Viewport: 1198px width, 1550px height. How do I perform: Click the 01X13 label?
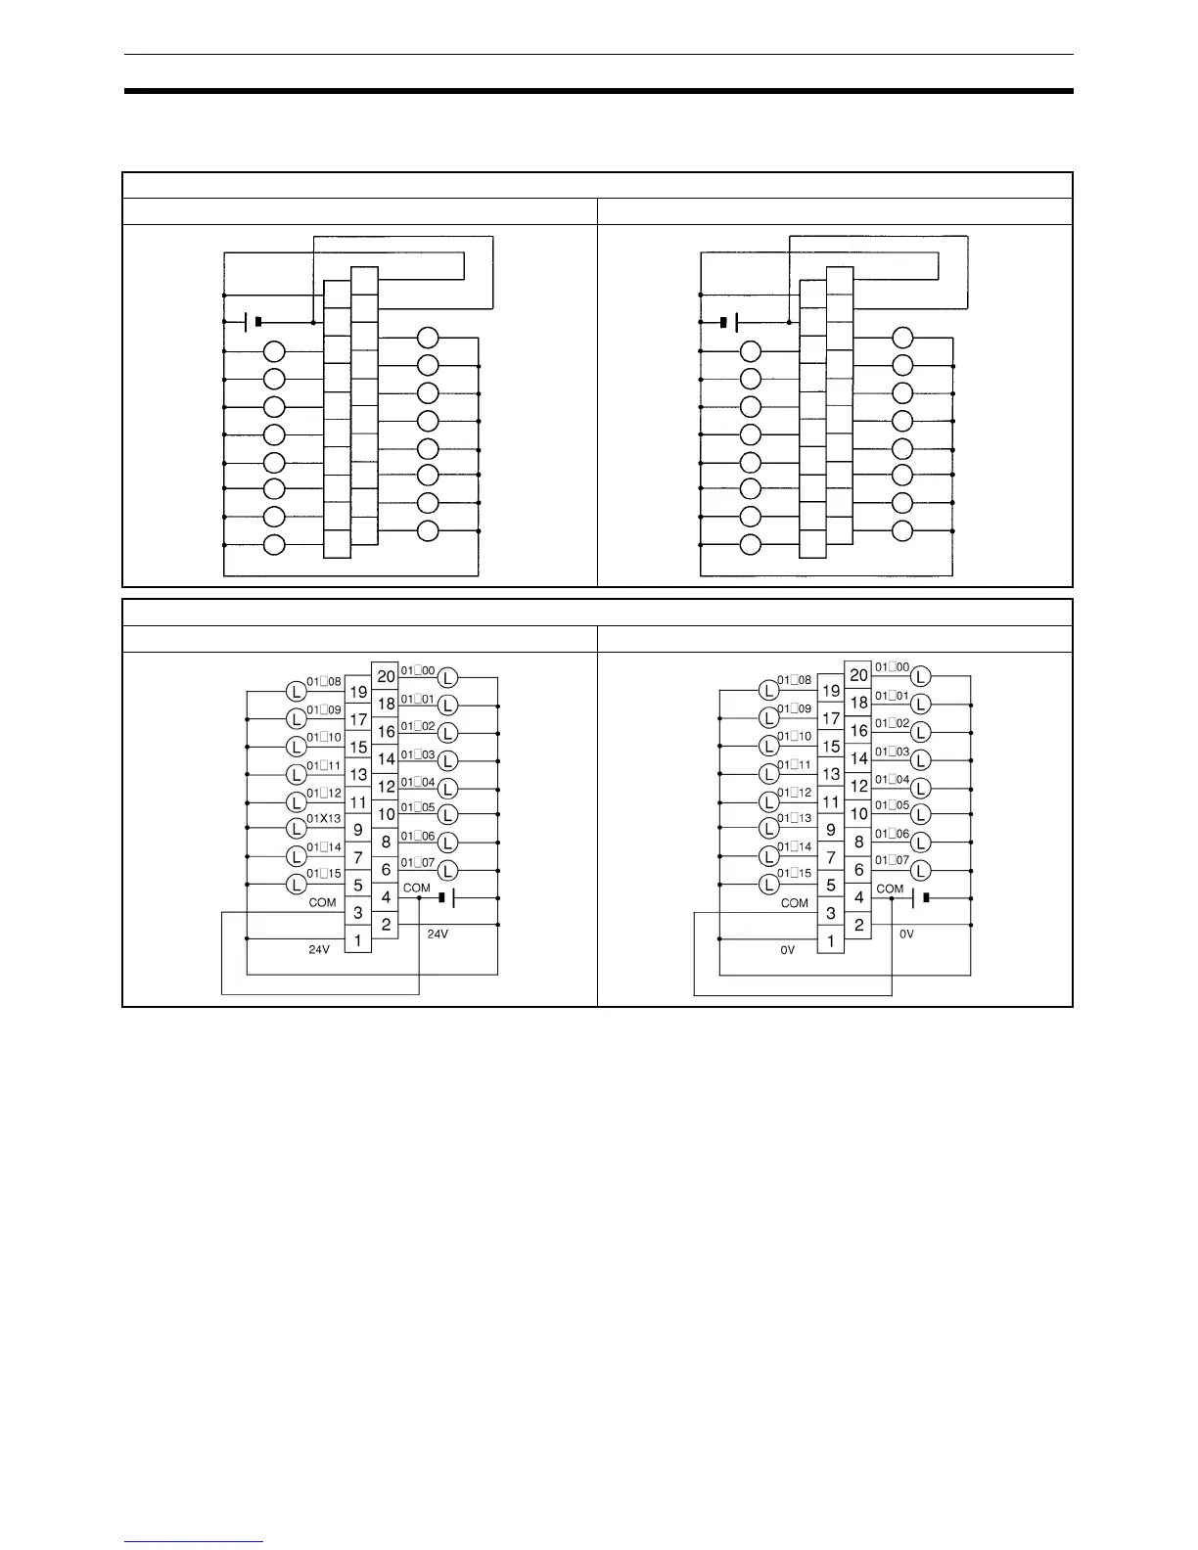pos(324,819)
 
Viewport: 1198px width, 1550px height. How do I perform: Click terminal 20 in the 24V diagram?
pos(386,675)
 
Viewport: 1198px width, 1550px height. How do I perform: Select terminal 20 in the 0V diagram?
pos(858,674)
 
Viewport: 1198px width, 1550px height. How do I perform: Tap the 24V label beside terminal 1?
pos(319,949)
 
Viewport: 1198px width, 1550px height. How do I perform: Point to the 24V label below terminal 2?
pos(438,935)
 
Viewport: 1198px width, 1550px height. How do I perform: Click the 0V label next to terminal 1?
pos(788,949)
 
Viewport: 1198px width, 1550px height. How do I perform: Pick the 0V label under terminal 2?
pos(907,935)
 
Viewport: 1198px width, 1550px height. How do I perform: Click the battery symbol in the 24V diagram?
pos(447,897)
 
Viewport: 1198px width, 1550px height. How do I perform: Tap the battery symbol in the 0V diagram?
pos(919,897)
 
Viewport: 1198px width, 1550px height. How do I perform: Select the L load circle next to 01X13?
pos(297,830)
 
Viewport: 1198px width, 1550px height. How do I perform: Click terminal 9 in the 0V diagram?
pos(831,830)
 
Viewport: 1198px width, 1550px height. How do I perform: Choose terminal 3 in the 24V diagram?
pos(358,913)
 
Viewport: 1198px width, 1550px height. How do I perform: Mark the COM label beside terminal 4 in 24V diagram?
pos(417,889)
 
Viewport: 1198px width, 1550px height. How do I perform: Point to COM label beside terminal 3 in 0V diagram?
pos(795,903)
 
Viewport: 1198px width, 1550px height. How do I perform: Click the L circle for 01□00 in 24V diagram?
pos(447,677)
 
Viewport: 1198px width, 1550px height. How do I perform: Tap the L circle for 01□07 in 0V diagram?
pos(921,870)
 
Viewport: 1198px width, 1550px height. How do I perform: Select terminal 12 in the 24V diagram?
pos(386,786)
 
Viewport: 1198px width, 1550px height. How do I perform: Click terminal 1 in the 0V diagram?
pos(831,941)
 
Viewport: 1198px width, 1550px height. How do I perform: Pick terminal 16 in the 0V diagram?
pos(858,730)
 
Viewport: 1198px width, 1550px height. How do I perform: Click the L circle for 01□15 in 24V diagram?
pos(297,885)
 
